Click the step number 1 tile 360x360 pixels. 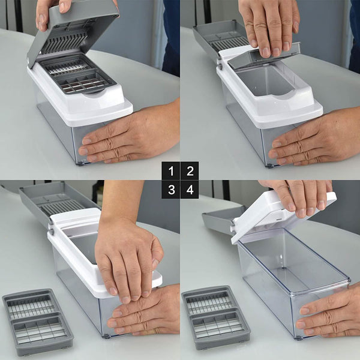pos(171,170)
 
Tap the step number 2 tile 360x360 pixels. pos(190,170)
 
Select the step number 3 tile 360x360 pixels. pos(171,190)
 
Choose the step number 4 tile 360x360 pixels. pos(190,190)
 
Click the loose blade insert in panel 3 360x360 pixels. pos(38,322)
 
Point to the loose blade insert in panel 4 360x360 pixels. pos(216,318)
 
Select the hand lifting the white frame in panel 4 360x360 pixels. pos(298,197)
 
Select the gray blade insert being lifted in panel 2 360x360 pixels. pos(264,56)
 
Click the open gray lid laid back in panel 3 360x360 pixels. pos(58,202)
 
